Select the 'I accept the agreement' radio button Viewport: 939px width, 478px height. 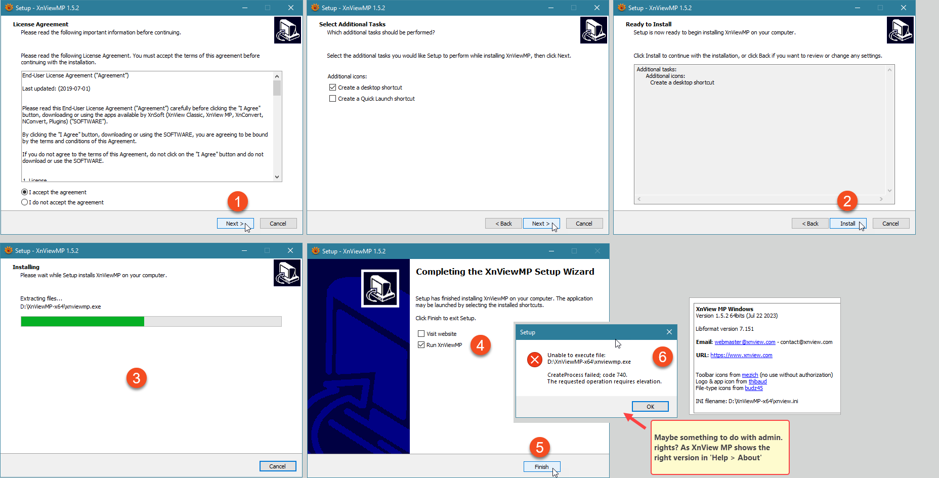tap(24, 192)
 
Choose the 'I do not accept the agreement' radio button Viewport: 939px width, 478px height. tap(24, 202)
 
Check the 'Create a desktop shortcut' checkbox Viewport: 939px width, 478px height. tap(332, 88)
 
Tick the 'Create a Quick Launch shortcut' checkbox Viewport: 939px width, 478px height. tap(332, 99)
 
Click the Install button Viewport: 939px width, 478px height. tap(848, 224)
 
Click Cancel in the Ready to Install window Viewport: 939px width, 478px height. tap(890, 224)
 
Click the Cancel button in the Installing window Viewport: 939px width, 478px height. tap(277, 466)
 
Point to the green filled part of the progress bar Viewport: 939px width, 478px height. tap(82, 321)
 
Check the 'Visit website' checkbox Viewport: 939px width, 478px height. tap(421, 334)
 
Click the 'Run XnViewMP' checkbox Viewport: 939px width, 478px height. tap(421, 345)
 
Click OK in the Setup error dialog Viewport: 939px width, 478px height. tap(650, 407)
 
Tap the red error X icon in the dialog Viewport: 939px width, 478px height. tap(535, 360)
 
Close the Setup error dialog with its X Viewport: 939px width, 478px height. tap(669, 332)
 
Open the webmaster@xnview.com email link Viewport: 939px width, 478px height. tap(745, 342)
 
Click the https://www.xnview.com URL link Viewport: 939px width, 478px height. tap(741, 356)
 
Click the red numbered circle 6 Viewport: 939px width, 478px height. tap(662, 357)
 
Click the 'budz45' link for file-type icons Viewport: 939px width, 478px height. tap(753, 388)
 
